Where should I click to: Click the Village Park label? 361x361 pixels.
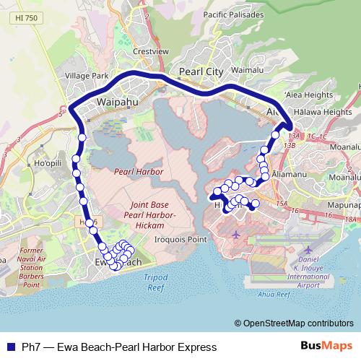tap(86, 75)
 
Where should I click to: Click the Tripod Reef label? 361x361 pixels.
tap(155, 281)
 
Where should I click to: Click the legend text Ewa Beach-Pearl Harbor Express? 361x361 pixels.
tap(120, 347)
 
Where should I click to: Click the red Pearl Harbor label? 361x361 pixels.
tap(139, 171)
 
